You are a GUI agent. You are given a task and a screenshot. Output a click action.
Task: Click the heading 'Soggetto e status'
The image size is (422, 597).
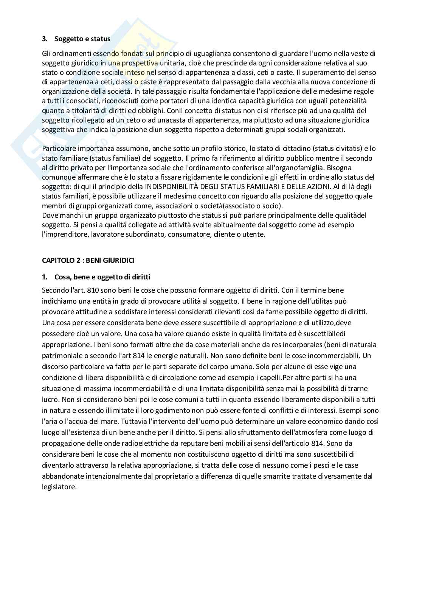click(x=82, y=39)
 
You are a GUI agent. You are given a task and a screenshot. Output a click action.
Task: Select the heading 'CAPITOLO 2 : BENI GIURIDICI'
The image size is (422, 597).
click(x=88, y=261)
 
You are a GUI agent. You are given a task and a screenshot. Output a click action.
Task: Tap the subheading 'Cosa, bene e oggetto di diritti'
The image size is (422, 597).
click(x=102, y=277)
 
